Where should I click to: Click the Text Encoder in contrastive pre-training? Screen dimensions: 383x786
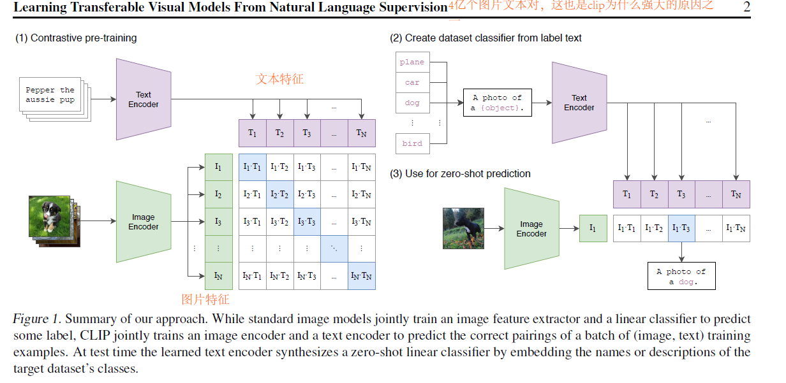144,99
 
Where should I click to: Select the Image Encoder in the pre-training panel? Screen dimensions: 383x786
144,222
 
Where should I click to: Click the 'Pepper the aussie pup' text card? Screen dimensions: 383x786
51,96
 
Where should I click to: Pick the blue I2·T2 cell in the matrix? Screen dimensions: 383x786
279,194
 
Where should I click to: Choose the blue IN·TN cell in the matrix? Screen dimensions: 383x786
361,276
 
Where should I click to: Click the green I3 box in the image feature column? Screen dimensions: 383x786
218,222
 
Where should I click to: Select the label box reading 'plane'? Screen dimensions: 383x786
412,62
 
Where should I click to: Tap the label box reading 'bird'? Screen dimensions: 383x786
412,143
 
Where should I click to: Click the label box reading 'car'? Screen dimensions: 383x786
412,82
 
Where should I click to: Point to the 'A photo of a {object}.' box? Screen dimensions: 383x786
498,103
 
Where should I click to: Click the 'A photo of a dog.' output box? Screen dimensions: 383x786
681,277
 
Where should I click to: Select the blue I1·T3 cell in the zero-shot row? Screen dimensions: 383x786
681,228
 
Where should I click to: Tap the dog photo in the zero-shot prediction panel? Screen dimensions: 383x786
463,228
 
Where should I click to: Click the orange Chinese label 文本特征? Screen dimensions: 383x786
279,80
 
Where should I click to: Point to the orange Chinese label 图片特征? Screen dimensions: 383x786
205,300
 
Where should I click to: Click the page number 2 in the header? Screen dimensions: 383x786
746,8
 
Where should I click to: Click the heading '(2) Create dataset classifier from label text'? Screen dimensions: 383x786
486,38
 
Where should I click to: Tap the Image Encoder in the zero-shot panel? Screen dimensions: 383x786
531,229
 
